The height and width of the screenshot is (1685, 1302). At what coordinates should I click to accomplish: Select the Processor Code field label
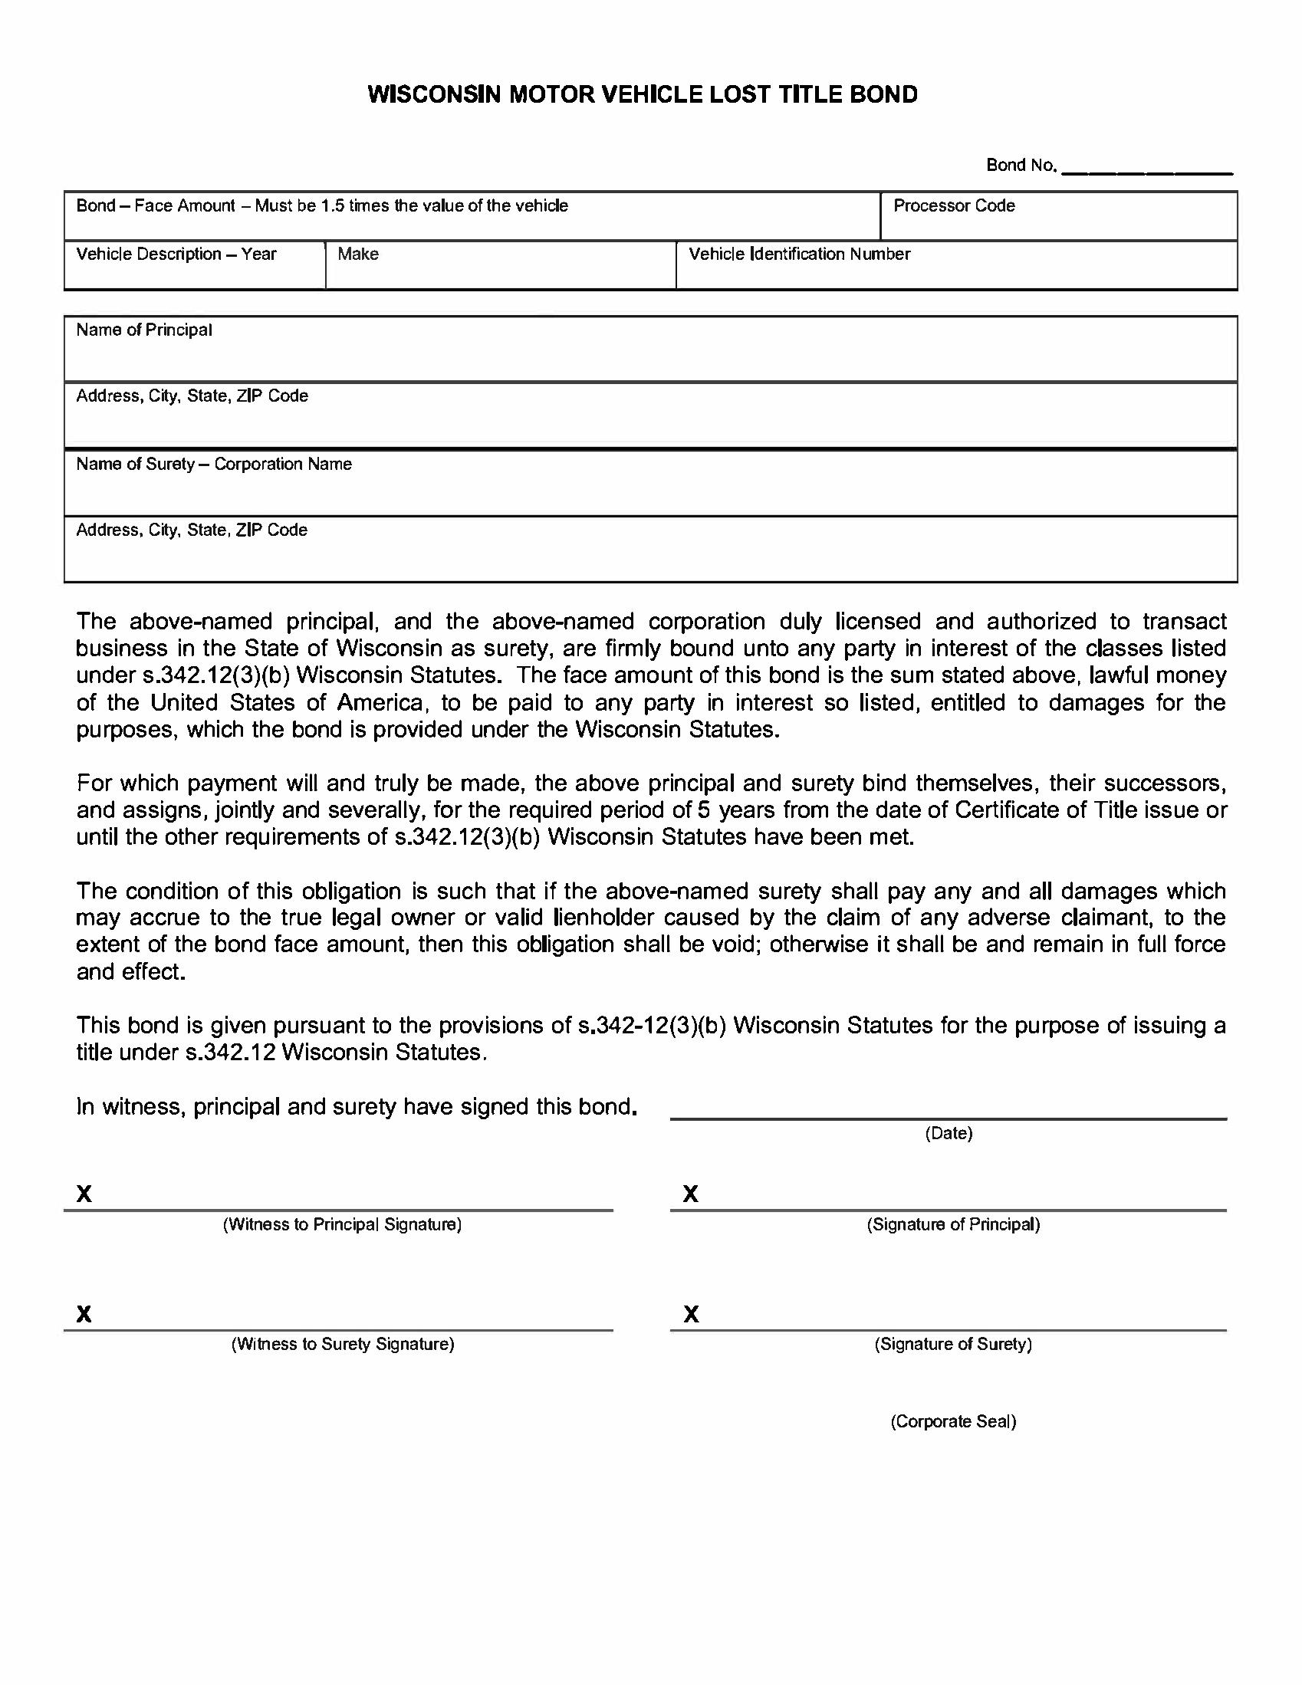[953, 206]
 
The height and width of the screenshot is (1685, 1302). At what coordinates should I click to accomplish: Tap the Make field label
[358, 255]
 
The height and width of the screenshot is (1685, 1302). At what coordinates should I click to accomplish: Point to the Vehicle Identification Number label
[799, 255]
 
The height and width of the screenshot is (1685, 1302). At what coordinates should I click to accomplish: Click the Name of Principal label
[143, 330]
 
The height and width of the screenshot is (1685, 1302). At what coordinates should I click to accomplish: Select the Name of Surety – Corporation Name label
[214, 465]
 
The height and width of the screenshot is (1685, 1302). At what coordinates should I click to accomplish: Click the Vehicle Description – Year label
[176, 255]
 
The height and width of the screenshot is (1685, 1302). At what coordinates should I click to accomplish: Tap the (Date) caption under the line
[949, 1133]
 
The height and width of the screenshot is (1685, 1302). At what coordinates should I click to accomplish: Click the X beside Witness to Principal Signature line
[84, 1194]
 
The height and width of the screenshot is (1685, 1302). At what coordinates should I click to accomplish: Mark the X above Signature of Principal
[691, 1194]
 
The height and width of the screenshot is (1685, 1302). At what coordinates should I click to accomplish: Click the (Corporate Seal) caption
[953, 1422]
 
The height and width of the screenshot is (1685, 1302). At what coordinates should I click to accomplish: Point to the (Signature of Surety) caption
[953, 1345]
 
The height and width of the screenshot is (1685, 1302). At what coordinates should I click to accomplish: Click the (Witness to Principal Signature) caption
[342, 1225]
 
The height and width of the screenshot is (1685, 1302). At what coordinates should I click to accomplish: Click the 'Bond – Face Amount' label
[155, 206]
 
